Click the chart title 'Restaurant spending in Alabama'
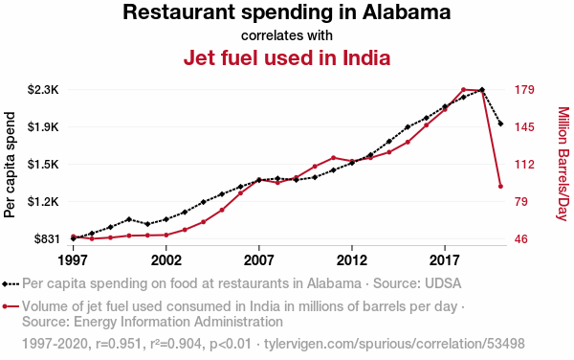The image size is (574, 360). [287, 12]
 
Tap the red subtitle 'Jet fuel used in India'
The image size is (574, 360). [287, 57]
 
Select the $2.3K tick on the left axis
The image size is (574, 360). [43, 90]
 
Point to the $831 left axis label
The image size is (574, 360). [47, 239]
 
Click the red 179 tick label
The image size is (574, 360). [524, 90]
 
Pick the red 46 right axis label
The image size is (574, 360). [521, 239]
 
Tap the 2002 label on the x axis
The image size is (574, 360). [166, 260]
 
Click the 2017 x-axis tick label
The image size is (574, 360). [445, 260]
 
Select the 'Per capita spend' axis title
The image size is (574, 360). [10, 165]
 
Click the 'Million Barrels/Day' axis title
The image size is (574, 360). [563, 164]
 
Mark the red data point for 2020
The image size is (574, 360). [500, 187]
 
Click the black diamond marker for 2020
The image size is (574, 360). [500, 124]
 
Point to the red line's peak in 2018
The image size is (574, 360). [463, 89]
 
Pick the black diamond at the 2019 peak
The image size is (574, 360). [482, 90]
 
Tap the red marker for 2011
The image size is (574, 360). [333, 157]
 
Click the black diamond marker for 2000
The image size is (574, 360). [128, 219]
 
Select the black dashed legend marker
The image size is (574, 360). [11, 283]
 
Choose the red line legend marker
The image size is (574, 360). [11, 306]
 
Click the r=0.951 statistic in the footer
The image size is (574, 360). [119, 344]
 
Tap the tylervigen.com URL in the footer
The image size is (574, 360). [394, 344]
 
